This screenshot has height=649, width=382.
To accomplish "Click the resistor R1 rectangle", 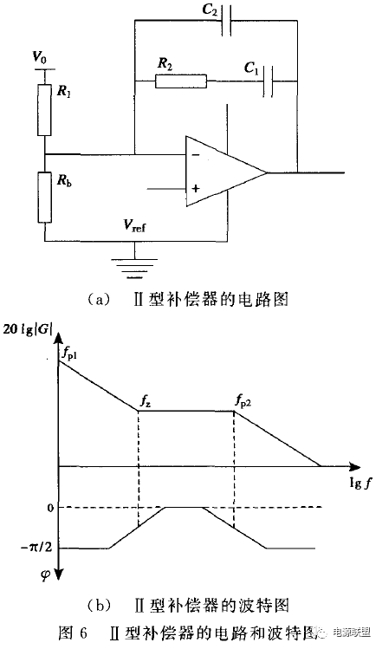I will [44, 111].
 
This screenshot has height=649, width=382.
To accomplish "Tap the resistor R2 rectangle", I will [182, 82].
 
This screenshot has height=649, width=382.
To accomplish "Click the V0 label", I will [39, 57].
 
